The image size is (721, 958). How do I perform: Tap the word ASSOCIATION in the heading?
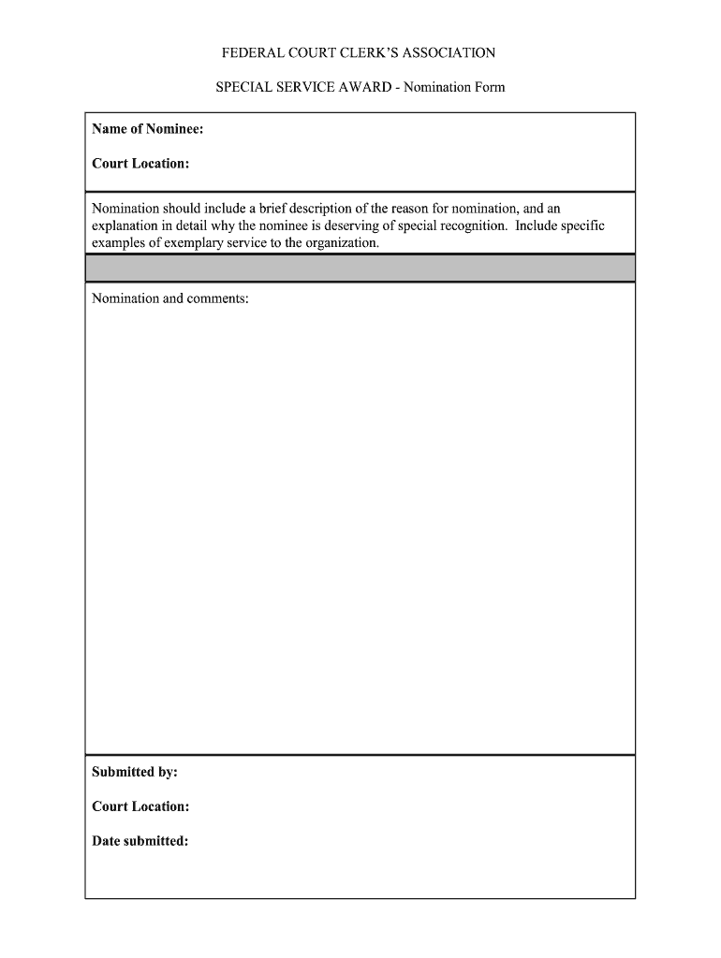point(442,53)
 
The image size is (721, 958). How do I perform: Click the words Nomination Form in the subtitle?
point(454,87)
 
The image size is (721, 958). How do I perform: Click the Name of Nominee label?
point(147,129)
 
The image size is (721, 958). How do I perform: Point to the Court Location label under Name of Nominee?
point(140,164)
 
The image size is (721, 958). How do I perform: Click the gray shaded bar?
point(360,269)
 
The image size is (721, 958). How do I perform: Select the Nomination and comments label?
point(169,298)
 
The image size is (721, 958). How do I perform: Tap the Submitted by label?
point(135,772)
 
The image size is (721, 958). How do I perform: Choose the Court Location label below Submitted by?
point(140,806)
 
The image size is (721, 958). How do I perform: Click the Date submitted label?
point(140,841)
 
